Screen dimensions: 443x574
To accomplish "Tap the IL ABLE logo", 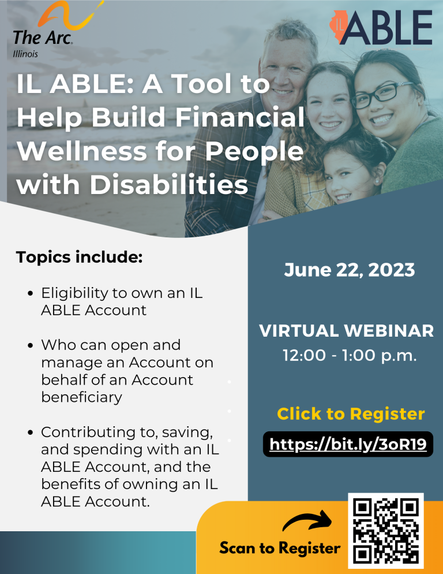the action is click(381, 28).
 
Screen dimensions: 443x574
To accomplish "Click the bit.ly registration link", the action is click(348, 444).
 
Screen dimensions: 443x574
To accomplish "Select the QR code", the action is click(385, 531).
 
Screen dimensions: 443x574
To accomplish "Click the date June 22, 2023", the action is click(350, 270).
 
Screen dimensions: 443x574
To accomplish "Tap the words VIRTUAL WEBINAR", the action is click(347, 330).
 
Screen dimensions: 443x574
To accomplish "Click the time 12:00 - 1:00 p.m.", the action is click(350, 355).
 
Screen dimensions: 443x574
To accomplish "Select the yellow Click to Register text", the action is click(351, 413).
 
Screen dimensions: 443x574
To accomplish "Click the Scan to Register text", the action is click(280, 548).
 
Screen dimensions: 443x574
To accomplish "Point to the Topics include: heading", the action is click(79, 256).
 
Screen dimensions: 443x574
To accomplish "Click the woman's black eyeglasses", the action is click(381, 94).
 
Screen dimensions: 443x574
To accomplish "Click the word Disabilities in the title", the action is click(168, 184).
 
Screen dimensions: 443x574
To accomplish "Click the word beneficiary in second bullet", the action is click(81, 397).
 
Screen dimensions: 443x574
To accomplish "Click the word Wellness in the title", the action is click(82, 151).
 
